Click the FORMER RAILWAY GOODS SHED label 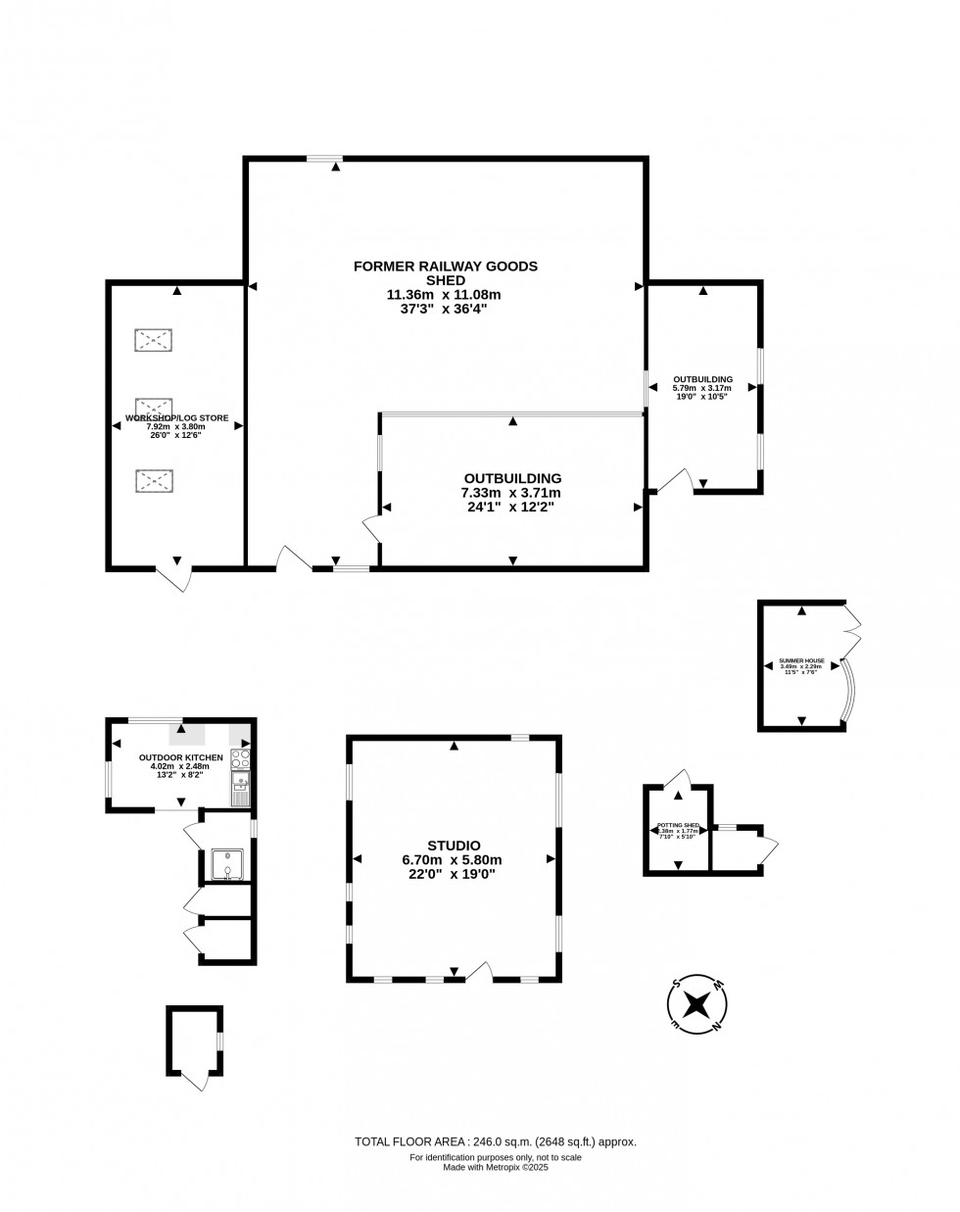(446, 272)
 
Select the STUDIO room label (454, 846)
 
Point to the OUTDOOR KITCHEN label (180, 757)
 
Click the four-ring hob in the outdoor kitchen (240, 759)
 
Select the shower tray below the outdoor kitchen (226, 865)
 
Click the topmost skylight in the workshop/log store (153, 340)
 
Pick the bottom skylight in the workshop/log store (153, 480)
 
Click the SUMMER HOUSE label (801, 660)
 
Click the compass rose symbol (697, 1004)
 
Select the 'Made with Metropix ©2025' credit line (495, 1167)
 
